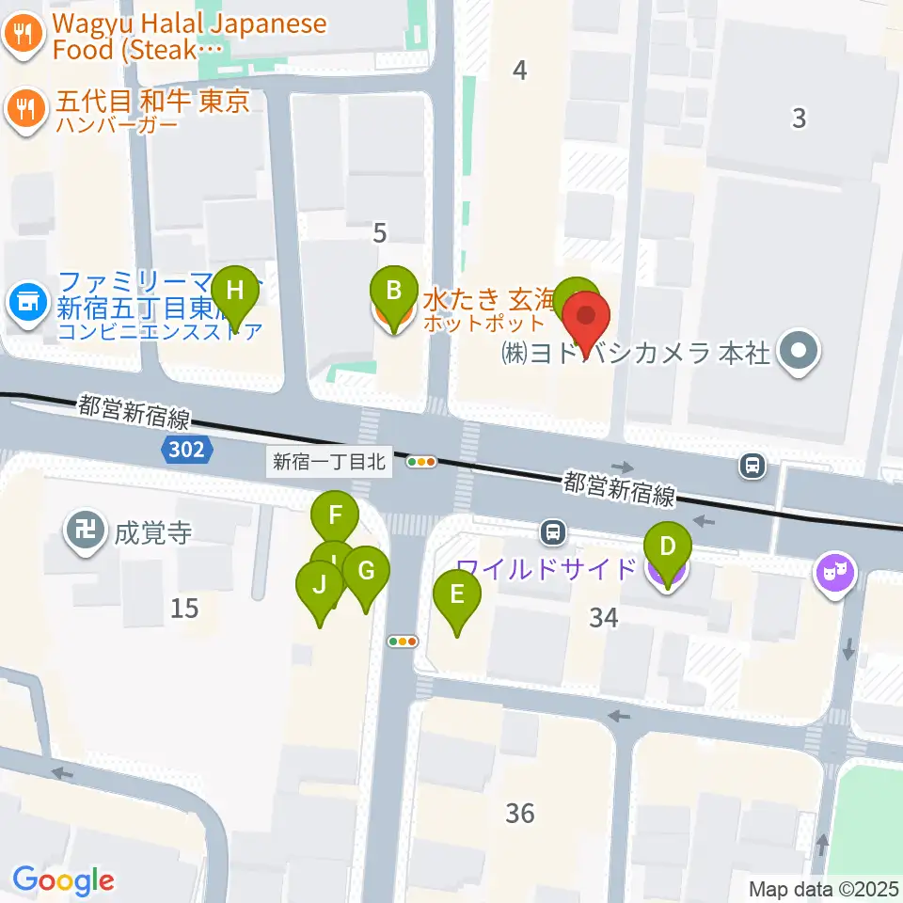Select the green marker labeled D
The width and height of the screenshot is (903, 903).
[668, 548]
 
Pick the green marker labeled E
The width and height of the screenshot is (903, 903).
[457, 596]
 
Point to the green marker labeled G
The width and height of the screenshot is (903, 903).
[366, 571]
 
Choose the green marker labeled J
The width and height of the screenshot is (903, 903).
[320, 586]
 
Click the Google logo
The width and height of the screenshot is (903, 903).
[63, 880]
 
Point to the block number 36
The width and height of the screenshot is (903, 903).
[519, 812]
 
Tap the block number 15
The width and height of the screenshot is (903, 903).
[184, 609]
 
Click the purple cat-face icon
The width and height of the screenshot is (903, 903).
[836, 570]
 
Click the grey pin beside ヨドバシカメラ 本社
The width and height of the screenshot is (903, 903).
[800, 354]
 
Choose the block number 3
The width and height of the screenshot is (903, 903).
[799, 119]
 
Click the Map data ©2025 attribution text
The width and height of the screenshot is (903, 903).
[824, 888]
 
